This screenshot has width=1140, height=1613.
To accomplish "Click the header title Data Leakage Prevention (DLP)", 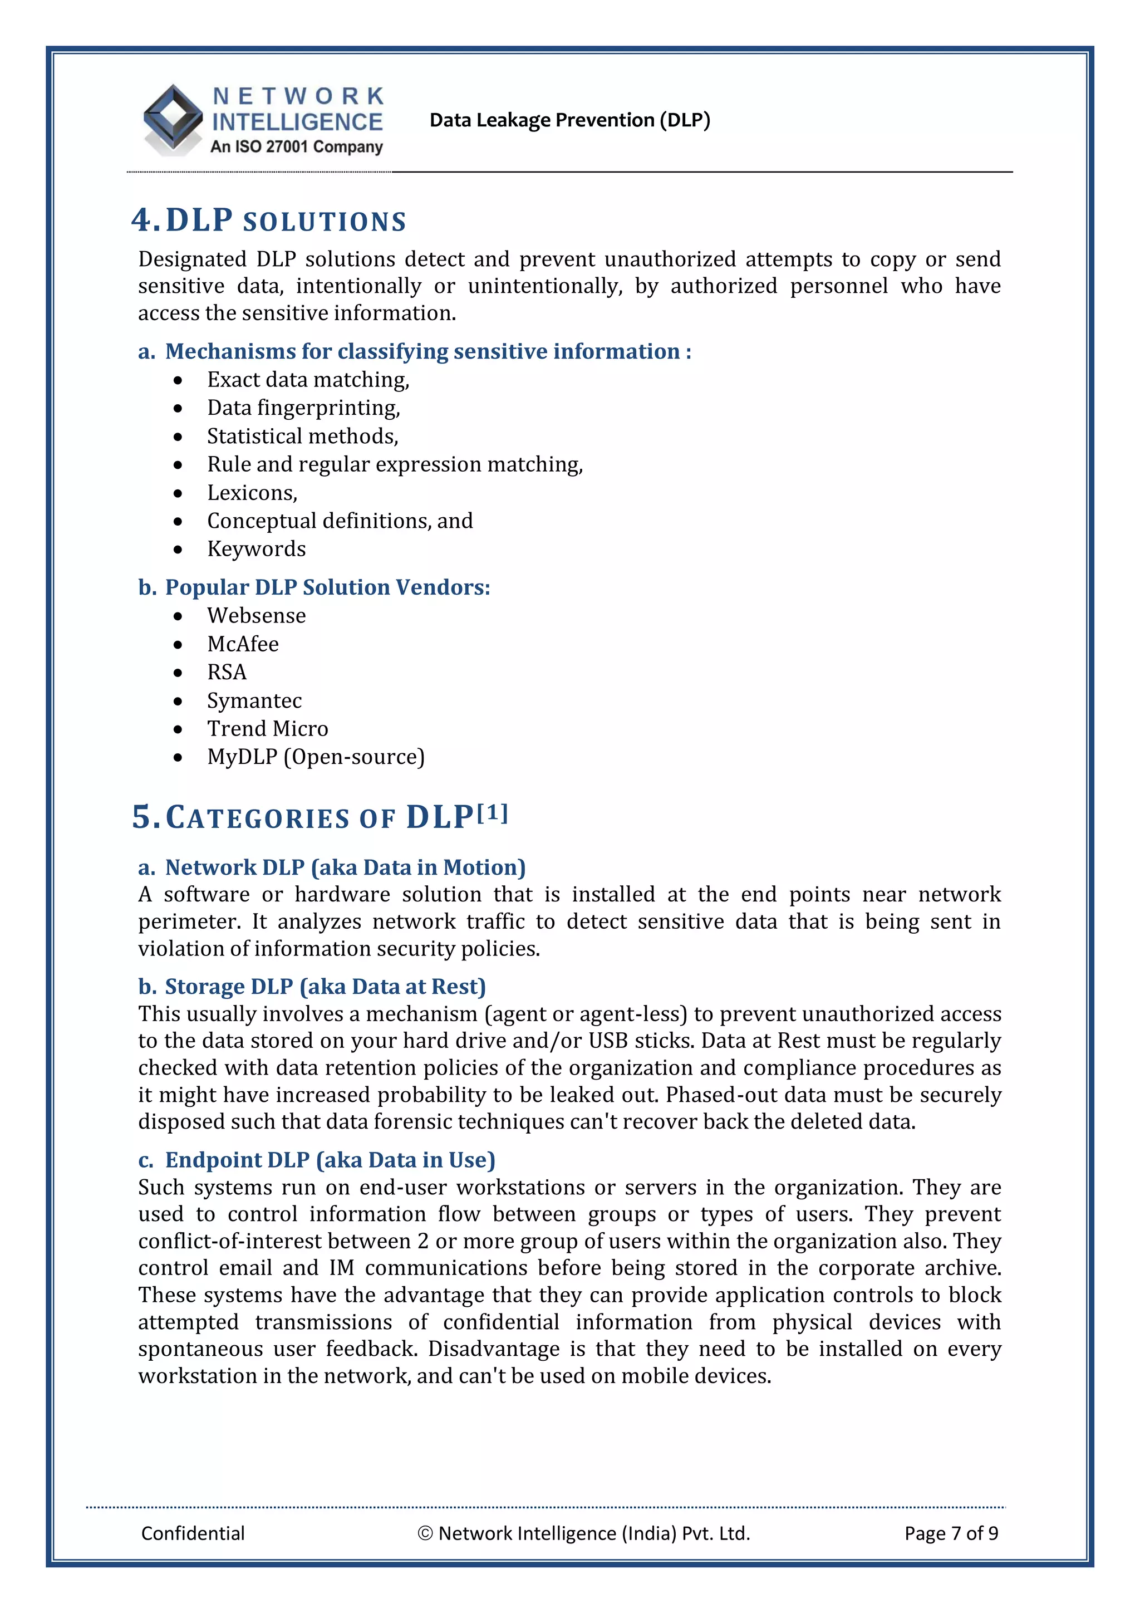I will pos(569,120).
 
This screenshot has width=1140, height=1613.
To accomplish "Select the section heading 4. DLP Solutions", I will pos(269,220).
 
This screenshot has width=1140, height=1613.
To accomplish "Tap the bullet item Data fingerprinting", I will pos(303,408).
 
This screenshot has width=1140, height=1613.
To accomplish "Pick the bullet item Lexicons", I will pos(252,493).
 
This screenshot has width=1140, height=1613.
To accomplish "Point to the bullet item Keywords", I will pos(257,550).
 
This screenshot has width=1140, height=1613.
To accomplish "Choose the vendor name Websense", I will pos(257,616).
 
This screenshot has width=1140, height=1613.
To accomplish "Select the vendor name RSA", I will pos(227,673).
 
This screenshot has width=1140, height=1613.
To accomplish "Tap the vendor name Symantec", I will pos(254,701).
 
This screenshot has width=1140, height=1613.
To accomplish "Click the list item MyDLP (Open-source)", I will pos(316,757).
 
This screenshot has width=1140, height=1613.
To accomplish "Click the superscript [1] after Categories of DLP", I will pos(493,813).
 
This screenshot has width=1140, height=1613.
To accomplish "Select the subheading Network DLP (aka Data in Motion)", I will pos(345,867).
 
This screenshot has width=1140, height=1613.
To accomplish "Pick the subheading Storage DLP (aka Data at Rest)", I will pos(325,987).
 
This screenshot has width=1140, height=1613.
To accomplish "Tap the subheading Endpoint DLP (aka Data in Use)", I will pos(330,1160).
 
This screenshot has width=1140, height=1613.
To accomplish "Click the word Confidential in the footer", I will pos(193,1533).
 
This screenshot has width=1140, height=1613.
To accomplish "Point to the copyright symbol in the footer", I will pos(425,1533).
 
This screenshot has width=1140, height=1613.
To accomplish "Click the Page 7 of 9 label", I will pos(951,1533).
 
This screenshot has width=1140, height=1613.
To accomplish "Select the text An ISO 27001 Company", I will pos(297,147).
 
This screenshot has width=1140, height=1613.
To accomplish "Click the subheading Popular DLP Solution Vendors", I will pos(327,587).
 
